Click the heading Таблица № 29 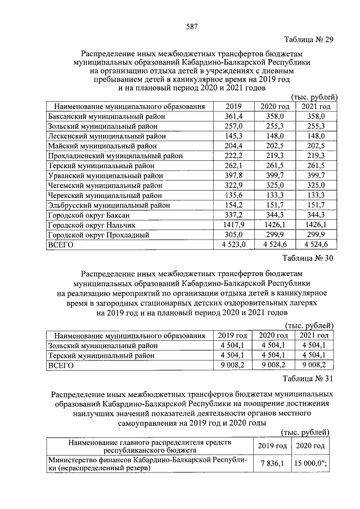[x=309, y=39]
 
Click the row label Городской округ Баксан [x=90, y=215]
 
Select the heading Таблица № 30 [x=309, y=259]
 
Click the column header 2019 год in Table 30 [x=232, y=336]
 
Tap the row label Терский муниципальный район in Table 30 [x=103, y=355]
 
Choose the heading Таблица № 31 [x=309, y=378]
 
